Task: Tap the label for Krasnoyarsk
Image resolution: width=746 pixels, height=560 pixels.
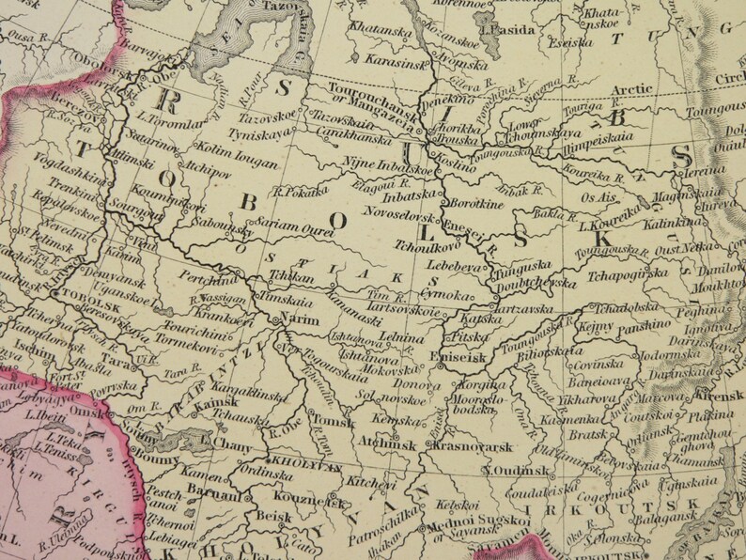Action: click(x=472, y=446)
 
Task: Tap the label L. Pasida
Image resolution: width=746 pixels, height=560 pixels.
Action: click(x=507, y=29)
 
